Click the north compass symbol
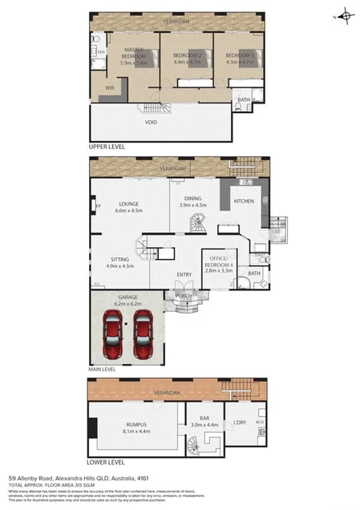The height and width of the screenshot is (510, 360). [345, 14]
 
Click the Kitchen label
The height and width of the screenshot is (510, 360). [244, 200]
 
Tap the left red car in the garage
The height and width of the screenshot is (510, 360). [113, 335]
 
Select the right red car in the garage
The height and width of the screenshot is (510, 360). [144, 335]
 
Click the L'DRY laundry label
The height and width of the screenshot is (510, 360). [239, 423]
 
